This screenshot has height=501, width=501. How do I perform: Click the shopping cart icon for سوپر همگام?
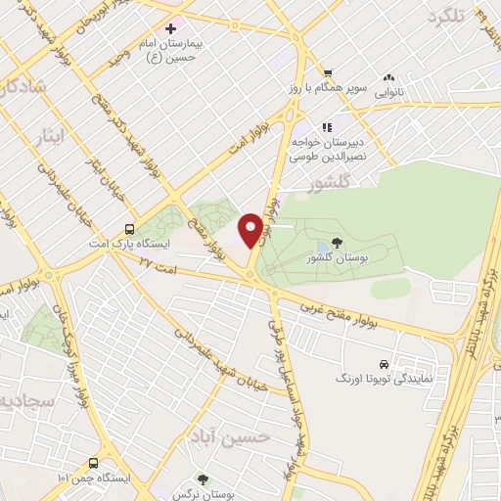[328, 71]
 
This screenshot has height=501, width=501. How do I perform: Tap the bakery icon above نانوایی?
[389, 76]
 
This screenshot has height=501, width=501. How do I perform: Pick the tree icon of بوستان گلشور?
[338, 242]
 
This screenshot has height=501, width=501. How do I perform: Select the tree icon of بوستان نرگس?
[203, 479]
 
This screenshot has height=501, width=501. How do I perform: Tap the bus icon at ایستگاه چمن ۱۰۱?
[93, 463]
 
